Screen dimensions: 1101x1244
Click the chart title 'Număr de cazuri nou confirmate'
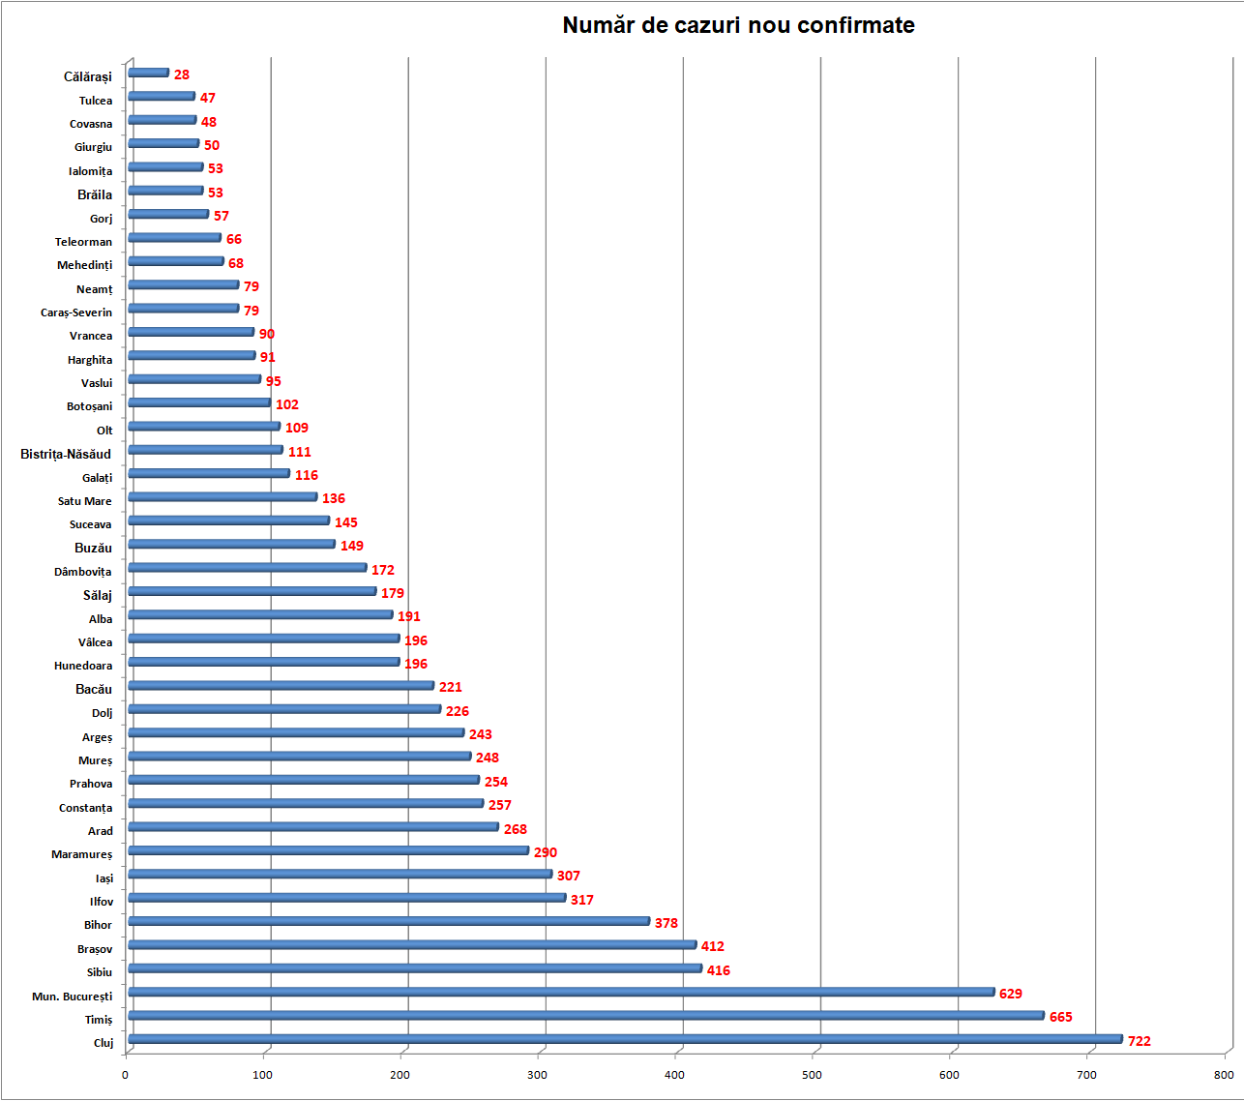click(738, 25)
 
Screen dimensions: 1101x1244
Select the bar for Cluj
click(625, 1039)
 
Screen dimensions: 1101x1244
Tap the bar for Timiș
click(585, 1015)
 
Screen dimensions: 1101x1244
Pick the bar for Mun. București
click(561, 992)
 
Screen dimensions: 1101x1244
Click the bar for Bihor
click(389, 921)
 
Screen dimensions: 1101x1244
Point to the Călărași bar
click(149, 73)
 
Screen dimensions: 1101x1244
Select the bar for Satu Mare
click(222, 497)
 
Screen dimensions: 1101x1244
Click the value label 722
click(1139, 1041)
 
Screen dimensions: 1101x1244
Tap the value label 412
click(712, 946)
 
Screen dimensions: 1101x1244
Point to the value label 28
click(182, 74)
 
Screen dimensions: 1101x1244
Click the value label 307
click(568, 876)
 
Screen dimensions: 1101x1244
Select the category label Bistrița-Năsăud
click(66, 454)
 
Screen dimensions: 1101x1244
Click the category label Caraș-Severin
click(76, 312)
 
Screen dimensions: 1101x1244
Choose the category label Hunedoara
click(83, 666)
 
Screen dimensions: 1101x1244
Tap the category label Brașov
click(95, 949)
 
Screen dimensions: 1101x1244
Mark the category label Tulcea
click(96, 101)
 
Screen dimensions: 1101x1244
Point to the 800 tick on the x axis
click(1224, 1075)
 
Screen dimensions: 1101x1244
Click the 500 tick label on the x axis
click(812, 1075)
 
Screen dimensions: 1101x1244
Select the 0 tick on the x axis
click(125, 1075)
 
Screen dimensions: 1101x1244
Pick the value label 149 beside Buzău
click(352, 546)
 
